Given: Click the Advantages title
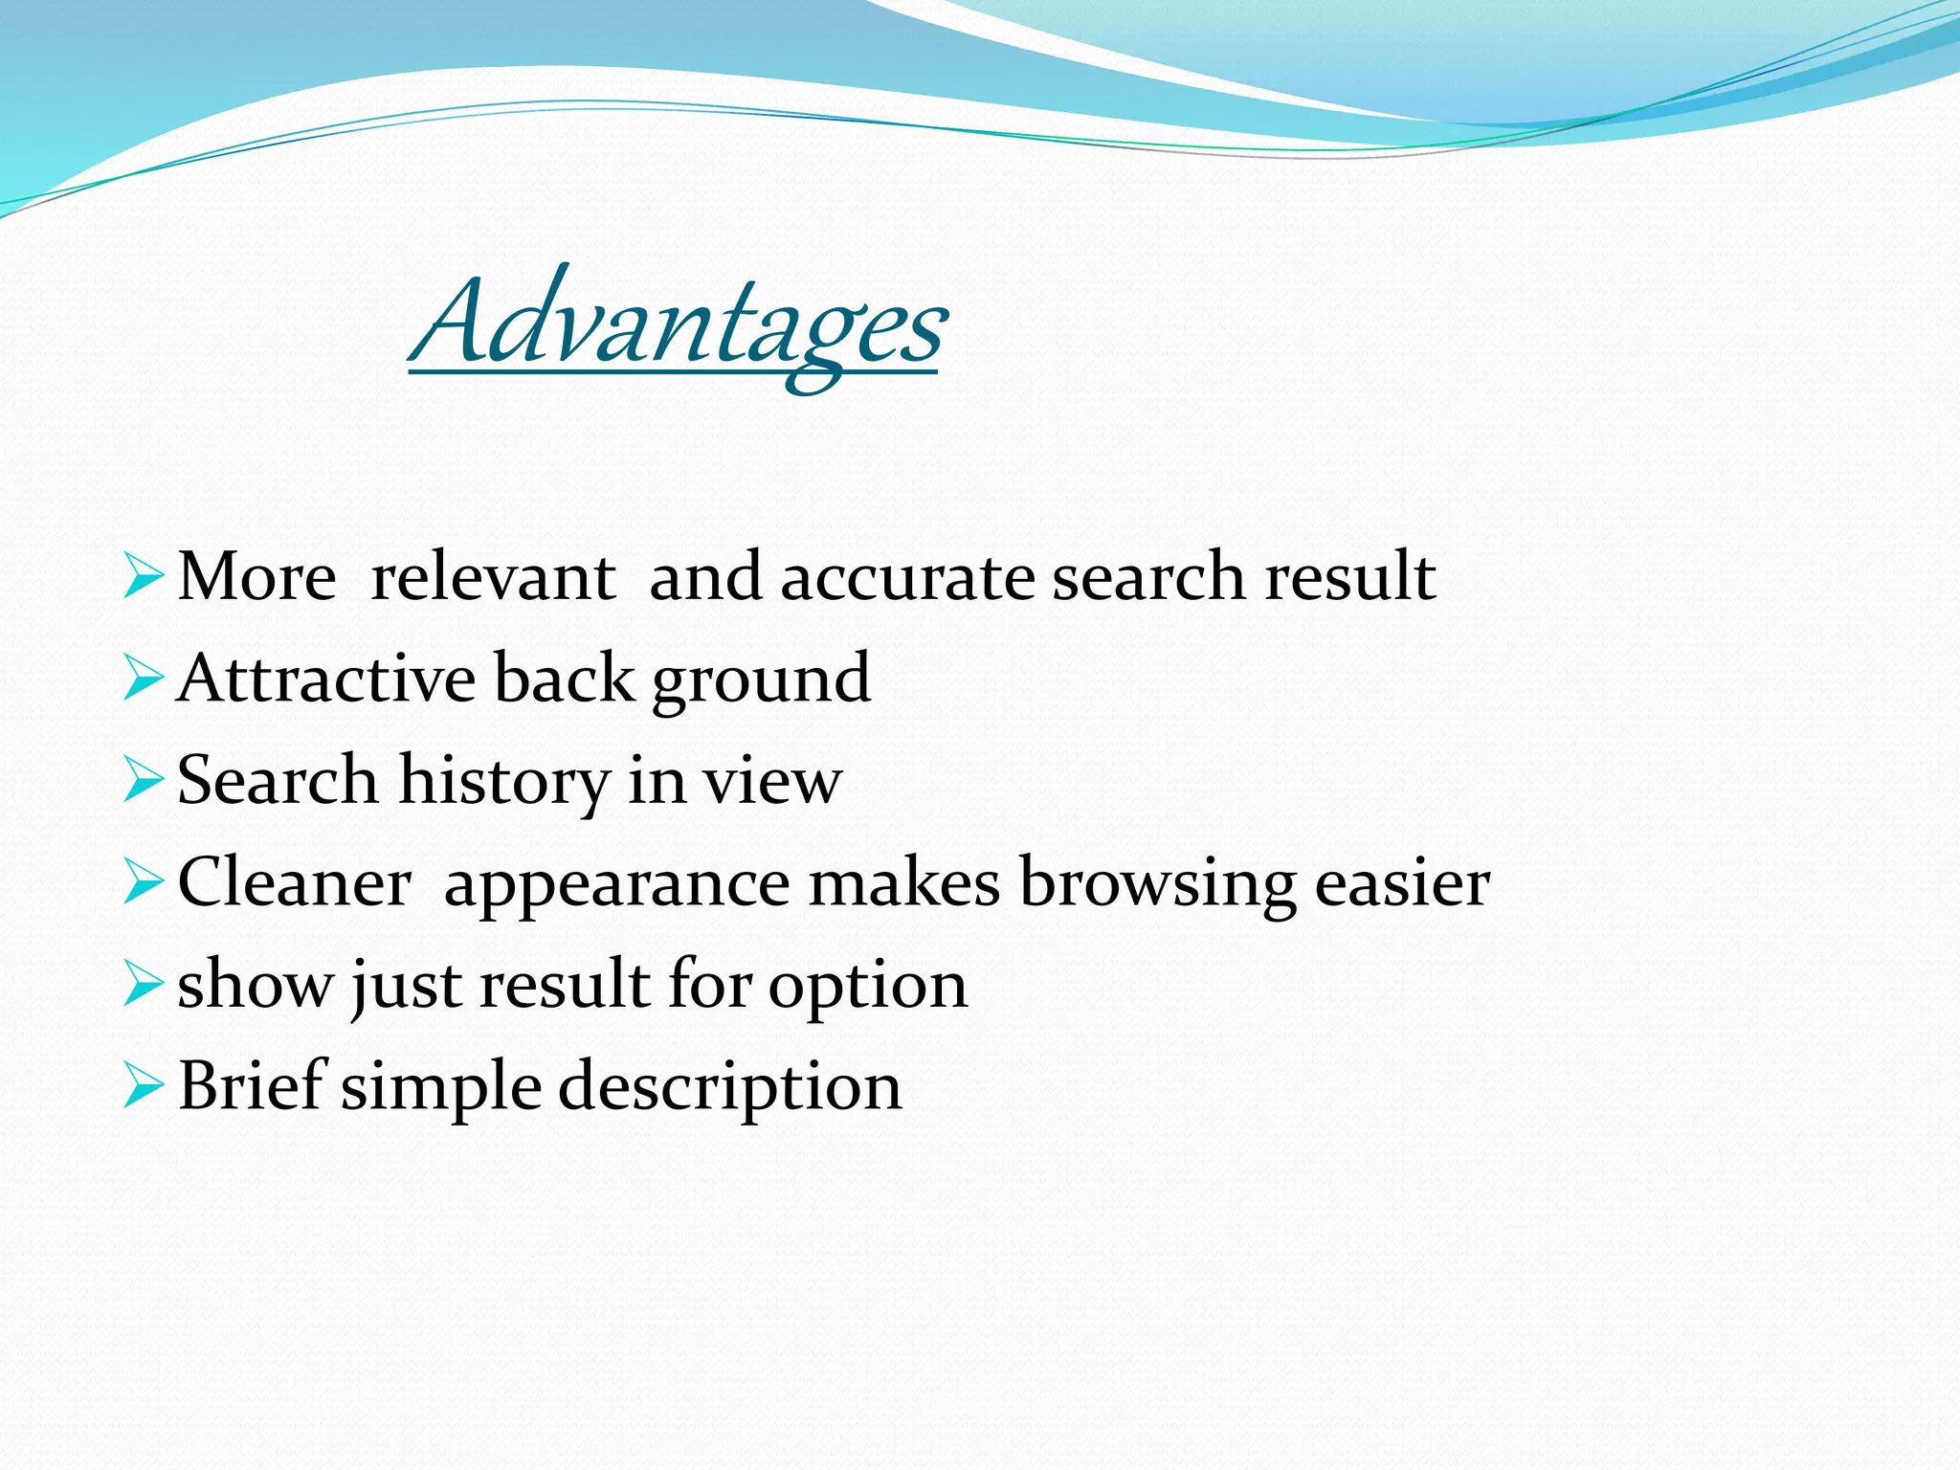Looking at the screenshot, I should click(678, 325).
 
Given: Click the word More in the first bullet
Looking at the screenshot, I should click(256, 578).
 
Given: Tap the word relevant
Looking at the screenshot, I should click(493, 578).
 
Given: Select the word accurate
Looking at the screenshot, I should click(906, 578).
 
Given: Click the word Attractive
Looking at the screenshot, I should click(325, 679).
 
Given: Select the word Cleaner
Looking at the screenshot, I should click(294, 882).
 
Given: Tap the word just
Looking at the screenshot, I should click(406, 986).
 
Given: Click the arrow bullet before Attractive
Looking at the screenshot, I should click(144, 679).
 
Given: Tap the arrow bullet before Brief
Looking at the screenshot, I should click(144, 1088).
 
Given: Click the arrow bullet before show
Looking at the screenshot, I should click(144, 986).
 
